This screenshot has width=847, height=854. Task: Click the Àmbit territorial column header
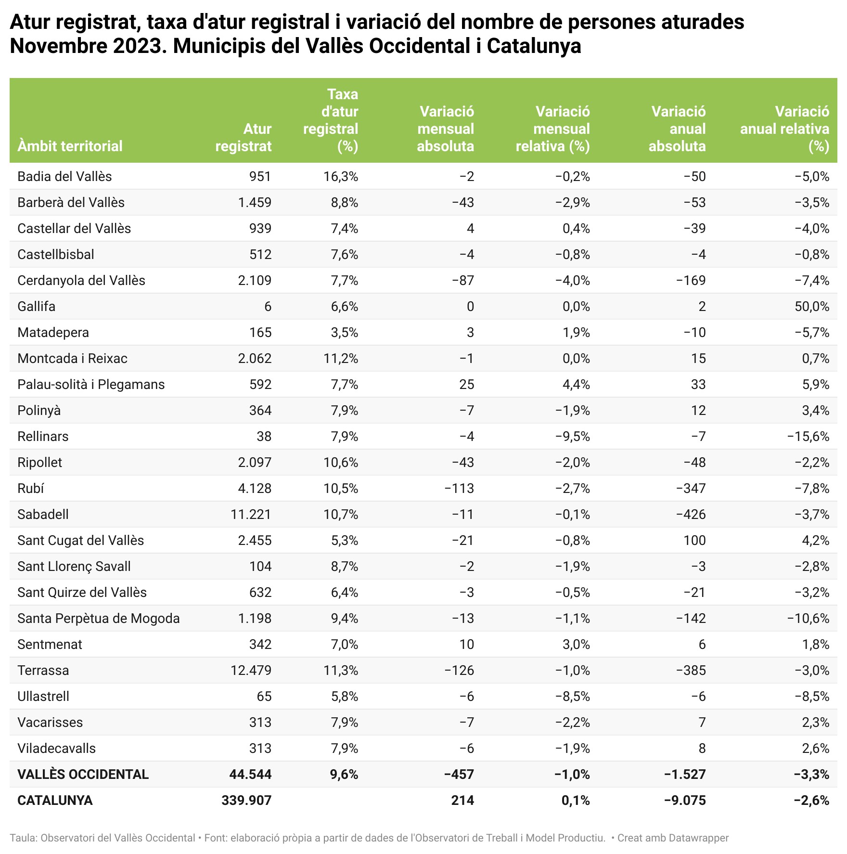70,146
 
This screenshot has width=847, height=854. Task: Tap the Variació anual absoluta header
678,129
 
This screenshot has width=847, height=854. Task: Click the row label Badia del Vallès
64,176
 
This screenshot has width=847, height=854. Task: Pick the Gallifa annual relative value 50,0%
812,306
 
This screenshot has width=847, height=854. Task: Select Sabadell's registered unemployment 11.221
251,514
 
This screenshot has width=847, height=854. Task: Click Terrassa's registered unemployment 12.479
251,670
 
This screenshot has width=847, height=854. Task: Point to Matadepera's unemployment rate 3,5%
344,332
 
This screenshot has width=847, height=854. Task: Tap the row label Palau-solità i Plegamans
91,384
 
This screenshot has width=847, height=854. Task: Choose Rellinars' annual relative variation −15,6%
808,436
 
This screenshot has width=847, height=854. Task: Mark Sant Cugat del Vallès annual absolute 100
694,540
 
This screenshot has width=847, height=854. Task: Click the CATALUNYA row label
55,800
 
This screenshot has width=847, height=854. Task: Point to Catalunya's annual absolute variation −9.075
685,800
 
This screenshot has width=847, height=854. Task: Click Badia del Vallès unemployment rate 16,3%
341,176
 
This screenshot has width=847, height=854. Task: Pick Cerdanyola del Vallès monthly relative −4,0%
572,280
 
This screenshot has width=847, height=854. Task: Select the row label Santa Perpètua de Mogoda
99,618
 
